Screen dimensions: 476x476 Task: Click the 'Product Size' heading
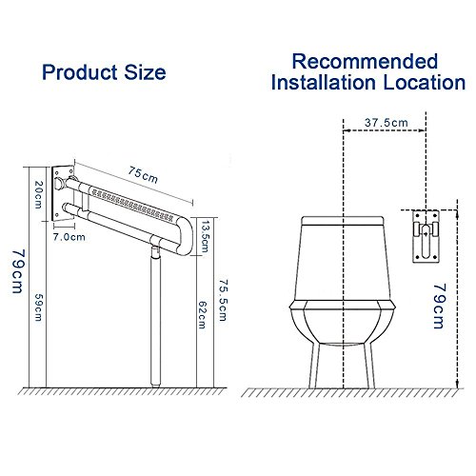[x=104, y=73]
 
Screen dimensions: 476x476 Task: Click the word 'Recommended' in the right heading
[x=365, y=61]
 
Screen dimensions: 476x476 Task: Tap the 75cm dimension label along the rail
[x=143, y=175]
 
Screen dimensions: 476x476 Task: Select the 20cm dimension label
[x=38, y=194]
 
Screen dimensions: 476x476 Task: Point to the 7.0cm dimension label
[x=69, y=237]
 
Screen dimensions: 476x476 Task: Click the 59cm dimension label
[x=38, y=307]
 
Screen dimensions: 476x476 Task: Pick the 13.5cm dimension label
[x=205, y=236]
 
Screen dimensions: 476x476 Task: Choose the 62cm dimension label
[x=203, y=315]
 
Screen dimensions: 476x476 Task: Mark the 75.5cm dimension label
[x=224, y=300]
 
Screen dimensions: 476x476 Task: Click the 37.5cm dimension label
[x=387, y=123]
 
